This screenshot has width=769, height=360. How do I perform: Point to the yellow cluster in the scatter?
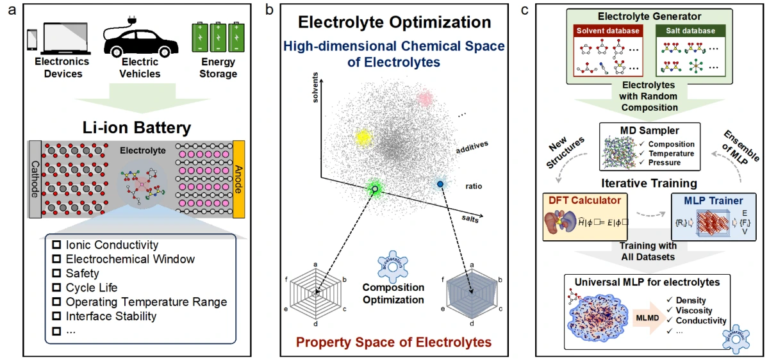click(363, 137)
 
